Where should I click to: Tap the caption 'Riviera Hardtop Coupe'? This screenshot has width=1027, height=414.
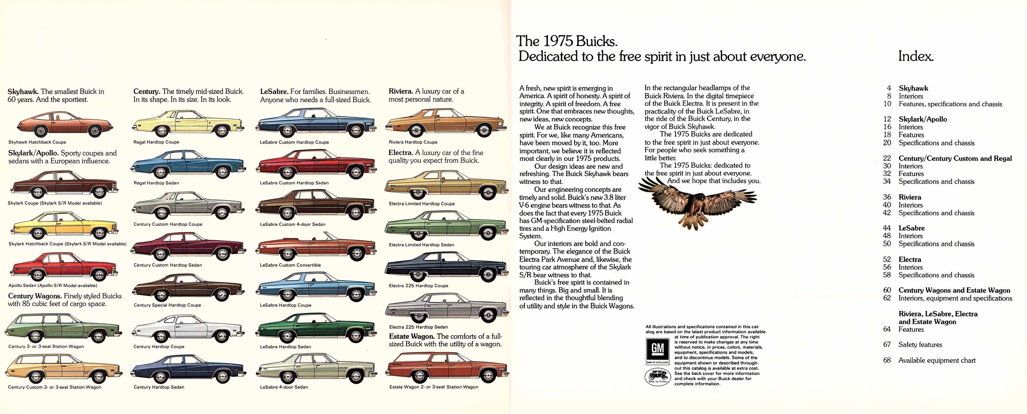tap(413, 142)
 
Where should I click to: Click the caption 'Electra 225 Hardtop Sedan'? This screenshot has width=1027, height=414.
tap(418, 327)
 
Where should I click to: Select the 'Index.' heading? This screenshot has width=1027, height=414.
tap(915, 56)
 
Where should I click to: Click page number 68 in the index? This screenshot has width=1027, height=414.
tap(887, 360)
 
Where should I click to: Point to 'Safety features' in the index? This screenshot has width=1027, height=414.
tap(920, 345)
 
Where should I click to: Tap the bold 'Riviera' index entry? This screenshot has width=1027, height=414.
tap(910, 197)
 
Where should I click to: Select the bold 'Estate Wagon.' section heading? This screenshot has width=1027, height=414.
tap(412, 336)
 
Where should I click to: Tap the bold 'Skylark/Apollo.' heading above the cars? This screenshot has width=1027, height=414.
tap(33, 153)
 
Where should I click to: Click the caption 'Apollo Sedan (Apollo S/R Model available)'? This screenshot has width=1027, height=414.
tap(53, 285)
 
